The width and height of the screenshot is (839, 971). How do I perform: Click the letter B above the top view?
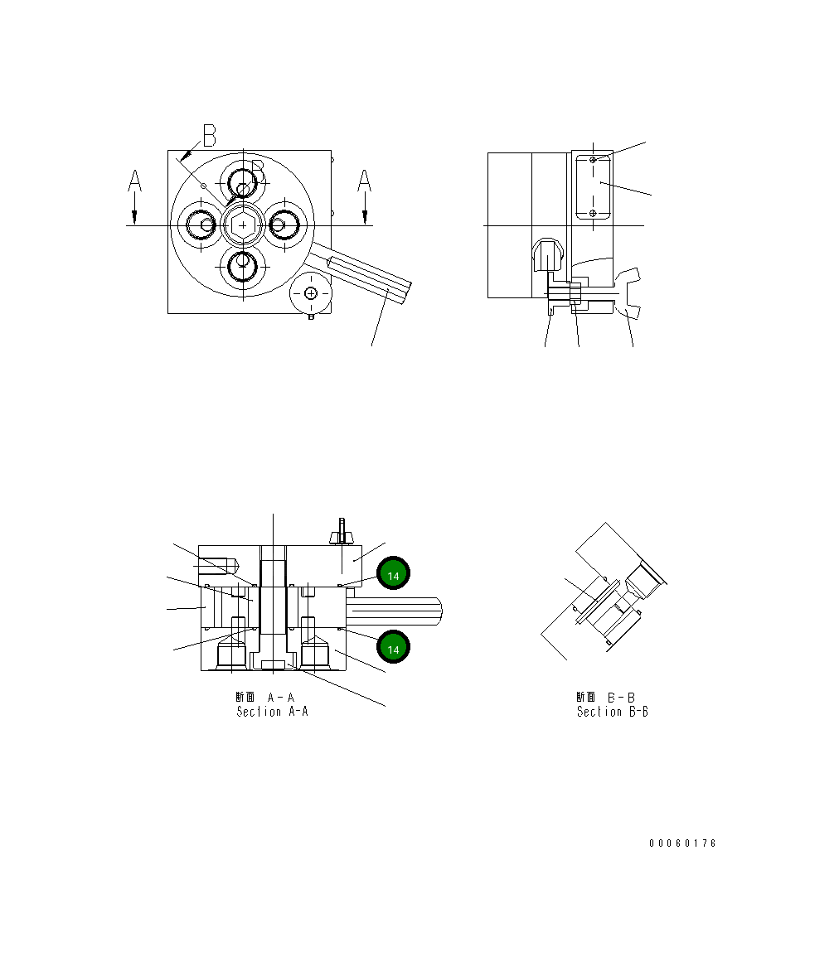coord(209,135)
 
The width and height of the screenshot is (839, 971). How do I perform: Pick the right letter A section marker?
coord(364,181)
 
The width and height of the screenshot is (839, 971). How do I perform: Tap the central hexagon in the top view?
coord(242,225)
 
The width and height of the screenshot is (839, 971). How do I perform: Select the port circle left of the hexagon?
coord(201,224)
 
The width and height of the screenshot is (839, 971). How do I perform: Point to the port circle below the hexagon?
coord(243,266)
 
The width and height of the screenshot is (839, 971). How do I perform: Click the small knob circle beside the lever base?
coord(311,293)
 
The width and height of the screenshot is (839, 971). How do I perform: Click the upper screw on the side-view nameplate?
coord(592,159)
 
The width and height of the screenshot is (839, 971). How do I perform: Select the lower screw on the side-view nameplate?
coord(592,214)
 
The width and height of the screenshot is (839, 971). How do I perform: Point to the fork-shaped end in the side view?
coord(630,293)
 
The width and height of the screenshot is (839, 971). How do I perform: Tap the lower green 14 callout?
coord(394,650)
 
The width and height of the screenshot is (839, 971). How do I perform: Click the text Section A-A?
coord(272,712)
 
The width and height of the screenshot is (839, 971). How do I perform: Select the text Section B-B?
coord(612,712)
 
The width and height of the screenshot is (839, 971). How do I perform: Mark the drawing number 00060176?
coord(682,843)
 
